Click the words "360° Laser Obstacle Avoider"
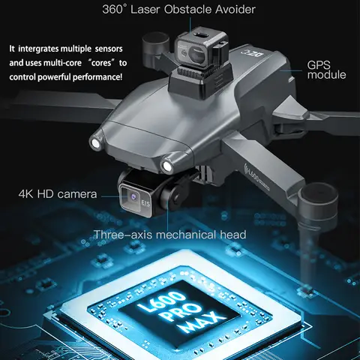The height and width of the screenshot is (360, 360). pos(179,10)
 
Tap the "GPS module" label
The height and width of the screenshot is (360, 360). pos(326,70)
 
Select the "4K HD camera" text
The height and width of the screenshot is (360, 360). pos(58,196)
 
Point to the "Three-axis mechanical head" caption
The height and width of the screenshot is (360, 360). pos(169,235)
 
